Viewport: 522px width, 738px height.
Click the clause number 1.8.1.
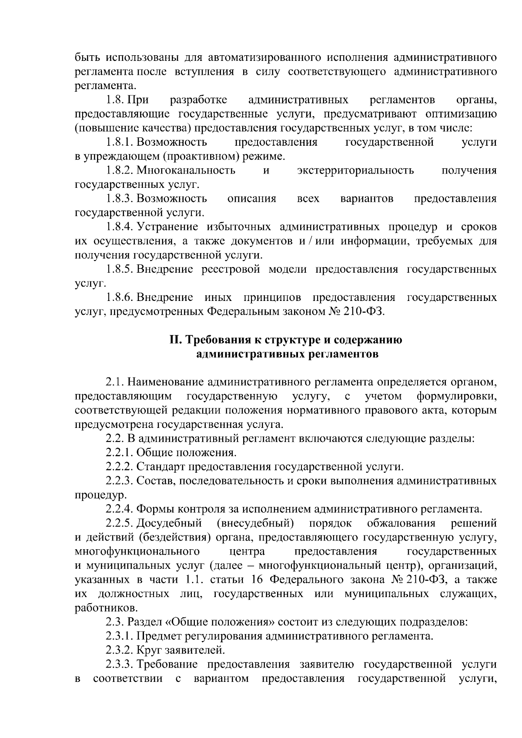click(x=120, y=142)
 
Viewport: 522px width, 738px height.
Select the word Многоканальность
click(x=186, y=170)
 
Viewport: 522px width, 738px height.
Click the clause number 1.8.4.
click(x=120, y=227)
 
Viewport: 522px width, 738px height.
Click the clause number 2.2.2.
click(x=120, y=467)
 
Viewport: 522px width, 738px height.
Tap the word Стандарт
click(x=160, y=467)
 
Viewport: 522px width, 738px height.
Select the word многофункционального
click(x=137, y=552)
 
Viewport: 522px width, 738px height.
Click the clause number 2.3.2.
click(x=120, y=651)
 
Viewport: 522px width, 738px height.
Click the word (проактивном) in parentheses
click(x=199, y=156)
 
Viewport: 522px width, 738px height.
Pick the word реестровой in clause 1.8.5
click(x=231, y=269)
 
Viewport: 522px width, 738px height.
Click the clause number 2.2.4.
click(x=120, y=509)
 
